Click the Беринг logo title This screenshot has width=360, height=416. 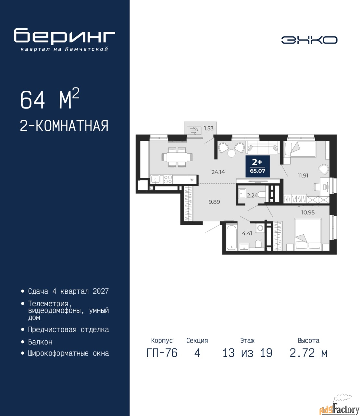pos(64,36)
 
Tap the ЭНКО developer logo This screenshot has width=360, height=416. pos(309,40)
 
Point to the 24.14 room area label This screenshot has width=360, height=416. pos(218,172)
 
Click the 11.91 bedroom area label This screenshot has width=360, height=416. pos(303,175)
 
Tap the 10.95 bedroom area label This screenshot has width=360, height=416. pos(308,212)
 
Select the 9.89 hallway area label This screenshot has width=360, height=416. pos(214,202)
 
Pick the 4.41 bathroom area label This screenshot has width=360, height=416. pos(247,233)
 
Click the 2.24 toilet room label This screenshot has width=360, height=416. pos(252,195)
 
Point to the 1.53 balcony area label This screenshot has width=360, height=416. pos(209,128)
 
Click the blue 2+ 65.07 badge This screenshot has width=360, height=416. pos(257,166)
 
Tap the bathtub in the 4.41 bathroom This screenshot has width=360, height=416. pos(231,237)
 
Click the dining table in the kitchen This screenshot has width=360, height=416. pos(177,157)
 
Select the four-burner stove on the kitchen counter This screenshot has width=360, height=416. pos(168,179)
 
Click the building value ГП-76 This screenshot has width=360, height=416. pos(162,353)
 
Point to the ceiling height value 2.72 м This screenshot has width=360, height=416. pos(308,353)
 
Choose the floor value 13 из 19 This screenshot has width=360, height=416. pos(247,353)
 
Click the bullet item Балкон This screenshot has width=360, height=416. pos(40,342)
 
